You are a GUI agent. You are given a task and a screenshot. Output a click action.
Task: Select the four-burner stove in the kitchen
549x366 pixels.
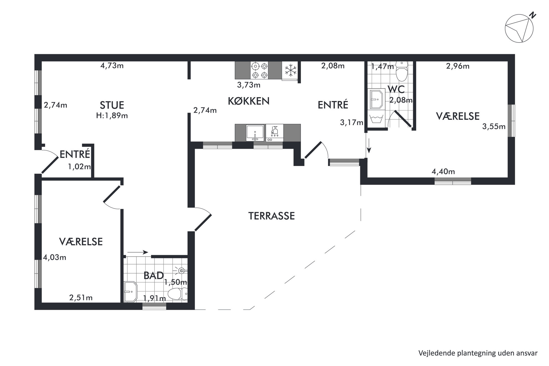(259, 70)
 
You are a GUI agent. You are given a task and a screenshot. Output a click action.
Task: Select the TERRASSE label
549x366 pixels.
(271, 216)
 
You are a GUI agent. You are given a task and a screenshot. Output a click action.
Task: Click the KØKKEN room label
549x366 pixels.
(248, 101)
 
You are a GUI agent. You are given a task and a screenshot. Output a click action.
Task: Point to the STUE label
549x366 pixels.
(112, 105)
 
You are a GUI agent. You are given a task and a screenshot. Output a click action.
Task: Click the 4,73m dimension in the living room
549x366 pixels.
(112, 66)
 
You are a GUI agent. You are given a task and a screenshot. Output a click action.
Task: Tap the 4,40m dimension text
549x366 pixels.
(443, 172)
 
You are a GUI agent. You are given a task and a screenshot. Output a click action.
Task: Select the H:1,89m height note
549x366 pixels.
(112, 116)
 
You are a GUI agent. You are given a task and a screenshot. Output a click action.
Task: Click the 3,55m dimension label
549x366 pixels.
(494, 126)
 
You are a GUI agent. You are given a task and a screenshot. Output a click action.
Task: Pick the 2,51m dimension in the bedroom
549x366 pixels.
(81, 298)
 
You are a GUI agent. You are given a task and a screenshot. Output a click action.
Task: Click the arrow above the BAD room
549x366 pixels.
(138, 252)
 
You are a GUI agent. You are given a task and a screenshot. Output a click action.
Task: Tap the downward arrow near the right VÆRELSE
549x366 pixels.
(369, 146)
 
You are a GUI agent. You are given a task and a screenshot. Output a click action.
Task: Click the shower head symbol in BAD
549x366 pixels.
(182, 270)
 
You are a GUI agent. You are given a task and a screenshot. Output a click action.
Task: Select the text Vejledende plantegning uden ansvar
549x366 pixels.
(478, 353)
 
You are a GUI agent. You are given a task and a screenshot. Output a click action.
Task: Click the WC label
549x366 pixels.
(396, 89)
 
